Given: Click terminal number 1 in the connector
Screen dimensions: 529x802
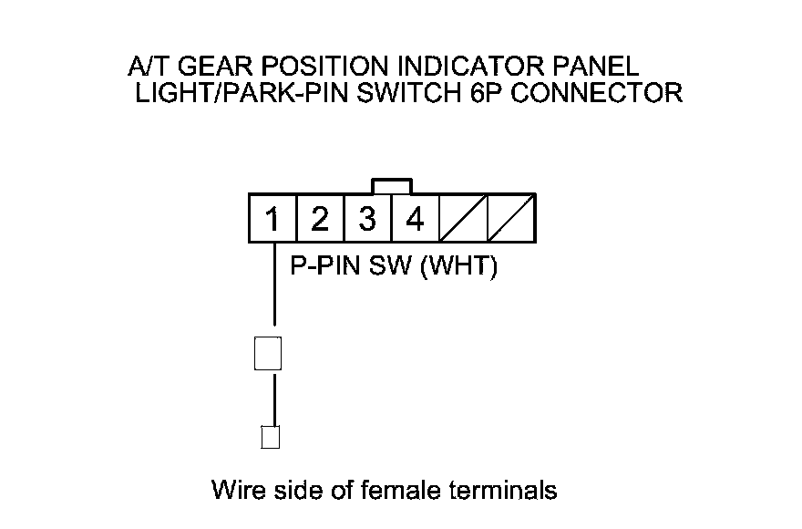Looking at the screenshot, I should pyautogui.click(x=272, y=219).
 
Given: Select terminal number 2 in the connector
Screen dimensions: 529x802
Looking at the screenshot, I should pyautogui.click(x=319, y=219).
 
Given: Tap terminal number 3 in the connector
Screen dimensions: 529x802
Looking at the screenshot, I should pyautogui.click(x=367, y=219).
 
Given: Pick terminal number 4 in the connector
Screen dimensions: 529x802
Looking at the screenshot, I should pyautogui.click(x=415, y=219).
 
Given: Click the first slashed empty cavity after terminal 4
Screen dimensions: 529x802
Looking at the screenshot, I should pyautogui.click(x=462, y=219).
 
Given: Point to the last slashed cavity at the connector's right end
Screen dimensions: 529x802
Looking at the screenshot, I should pyautogui.click(x=510, y=219).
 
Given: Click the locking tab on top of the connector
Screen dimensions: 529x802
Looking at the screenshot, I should pyautogui.click(x=392, y=186).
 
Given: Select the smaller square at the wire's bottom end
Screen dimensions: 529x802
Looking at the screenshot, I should pyautogui.click(x=270, y=437).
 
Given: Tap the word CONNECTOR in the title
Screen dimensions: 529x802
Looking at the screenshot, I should pyautogui.click(x=598, y=94).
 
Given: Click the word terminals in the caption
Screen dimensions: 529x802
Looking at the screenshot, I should pyautogui.click(x=504, y=490).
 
